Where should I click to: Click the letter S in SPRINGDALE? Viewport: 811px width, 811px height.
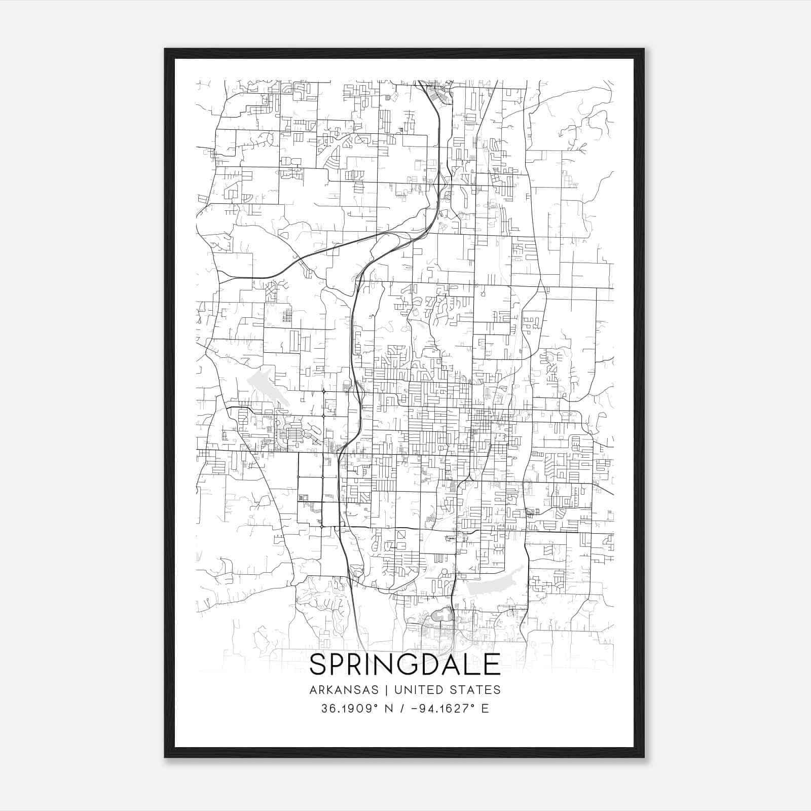point(319,665)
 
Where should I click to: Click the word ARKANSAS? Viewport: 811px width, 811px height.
point(344,690)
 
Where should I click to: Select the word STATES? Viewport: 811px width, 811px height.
point(475,690)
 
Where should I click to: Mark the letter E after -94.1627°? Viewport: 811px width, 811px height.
point(485,708)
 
